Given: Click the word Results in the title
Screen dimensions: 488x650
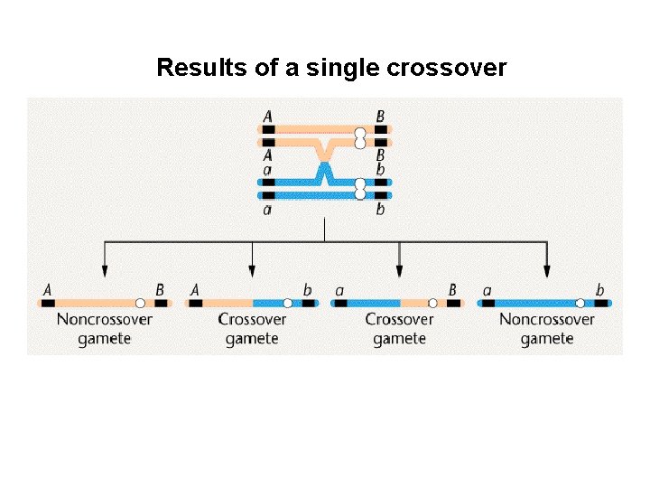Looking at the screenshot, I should tap(194, 68).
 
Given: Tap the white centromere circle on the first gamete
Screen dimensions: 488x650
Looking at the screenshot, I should tap(140, 304).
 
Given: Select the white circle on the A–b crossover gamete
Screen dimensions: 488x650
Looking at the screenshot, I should tap(288, 304).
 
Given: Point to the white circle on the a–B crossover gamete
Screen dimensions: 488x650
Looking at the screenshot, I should tap(432, 304).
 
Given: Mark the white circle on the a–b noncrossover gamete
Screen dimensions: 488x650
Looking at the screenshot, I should tap(580, 304).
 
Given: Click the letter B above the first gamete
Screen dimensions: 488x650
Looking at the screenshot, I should tap(160, 290).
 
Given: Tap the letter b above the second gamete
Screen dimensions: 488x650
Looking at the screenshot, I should tap(308, 290).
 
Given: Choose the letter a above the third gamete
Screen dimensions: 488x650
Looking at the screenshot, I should tap(339, 290).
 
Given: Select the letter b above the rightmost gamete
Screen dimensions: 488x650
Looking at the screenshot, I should tap(600, 290).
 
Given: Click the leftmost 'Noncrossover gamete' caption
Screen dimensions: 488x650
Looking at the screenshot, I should tap(104, 329).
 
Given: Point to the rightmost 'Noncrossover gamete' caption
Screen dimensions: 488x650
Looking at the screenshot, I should tap(547, 329).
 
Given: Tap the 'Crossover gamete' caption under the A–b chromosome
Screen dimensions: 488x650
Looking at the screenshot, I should tap(252, 329).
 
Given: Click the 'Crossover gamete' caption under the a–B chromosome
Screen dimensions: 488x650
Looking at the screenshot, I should tap(399, 329).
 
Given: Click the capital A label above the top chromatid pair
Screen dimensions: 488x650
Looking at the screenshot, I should tap(268, 117).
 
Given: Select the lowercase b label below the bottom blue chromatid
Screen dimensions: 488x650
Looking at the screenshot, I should tap(380, 210).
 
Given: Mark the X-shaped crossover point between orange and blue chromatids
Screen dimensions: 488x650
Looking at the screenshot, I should tap(324, 162).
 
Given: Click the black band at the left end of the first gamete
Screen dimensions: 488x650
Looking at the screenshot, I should tap(47, 304).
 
